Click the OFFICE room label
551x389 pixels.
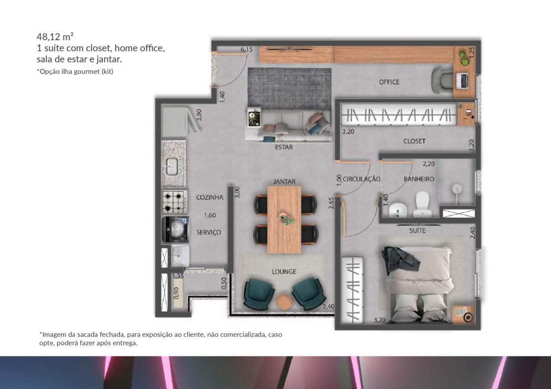pos(389,82)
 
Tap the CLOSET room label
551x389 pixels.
pos(414,141)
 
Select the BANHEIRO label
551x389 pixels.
pos(419,179)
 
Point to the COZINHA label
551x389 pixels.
pos(210,197)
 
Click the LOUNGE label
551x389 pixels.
pos(284,272)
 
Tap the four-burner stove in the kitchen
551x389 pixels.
pos(175,202)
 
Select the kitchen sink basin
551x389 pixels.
pos(172,166)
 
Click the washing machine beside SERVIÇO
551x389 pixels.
pos(175,229)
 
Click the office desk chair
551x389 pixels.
pos(442,80)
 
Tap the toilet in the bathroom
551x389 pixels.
pos(421,205)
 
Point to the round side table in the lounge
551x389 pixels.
pos(283,301)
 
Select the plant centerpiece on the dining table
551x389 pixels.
pos(285,219)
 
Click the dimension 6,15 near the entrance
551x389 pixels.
pos(246,50)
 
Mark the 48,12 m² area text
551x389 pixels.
pos(55,37)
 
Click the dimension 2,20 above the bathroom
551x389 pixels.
pos(428,164)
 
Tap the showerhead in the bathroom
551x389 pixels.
pos(456,189)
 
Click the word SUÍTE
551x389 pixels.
pos(418,230)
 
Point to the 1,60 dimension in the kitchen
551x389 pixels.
pos(210,215)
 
